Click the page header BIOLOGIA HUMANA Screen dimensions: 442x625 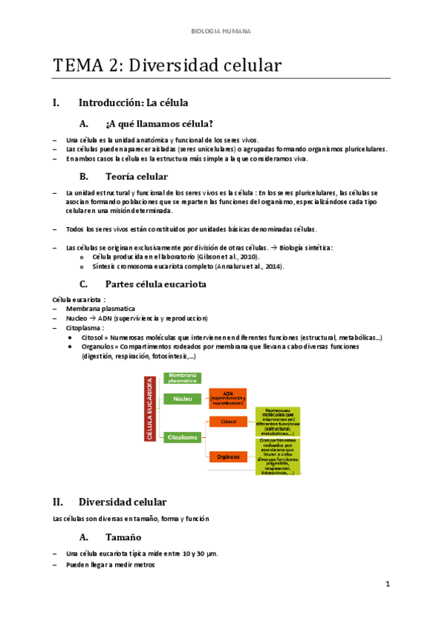(221, 32)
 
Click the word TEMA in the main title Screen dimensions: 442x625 (77, 66)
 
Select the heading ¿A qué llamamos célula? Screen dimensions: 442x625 (159, 123)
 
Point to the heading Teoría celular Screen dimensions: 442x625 (137, 177)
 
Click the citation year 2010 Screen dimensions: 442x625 (248, 256)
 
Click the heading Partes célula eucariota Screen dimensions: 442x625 (156, 284)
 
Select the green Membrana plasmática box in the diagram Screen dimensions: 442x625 (183, 379)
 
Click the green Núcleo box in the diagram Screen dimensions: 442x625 (182, 399)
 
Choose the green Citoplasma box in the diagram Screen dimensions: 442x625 (182, 437)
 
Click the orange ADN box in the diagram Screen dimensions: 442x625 (228, 399)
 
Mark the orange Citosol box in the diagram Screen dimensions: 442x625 (228, 422)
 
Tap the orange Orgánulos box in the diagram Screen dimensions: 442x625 (228, 456)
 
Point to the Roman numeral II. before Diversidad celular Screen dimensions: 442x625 (58, 501)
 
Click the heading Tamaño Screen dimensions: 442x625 (123, 537)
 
